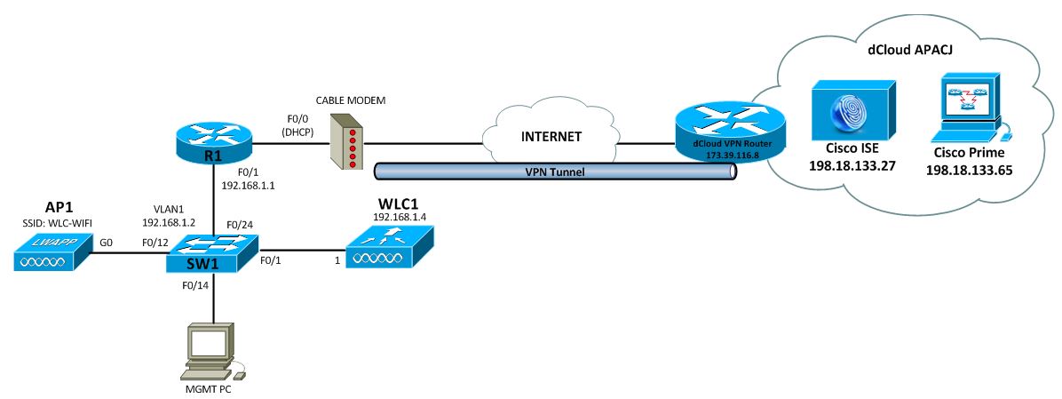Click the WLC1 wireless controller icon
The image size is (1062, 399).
coord(384,248)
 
